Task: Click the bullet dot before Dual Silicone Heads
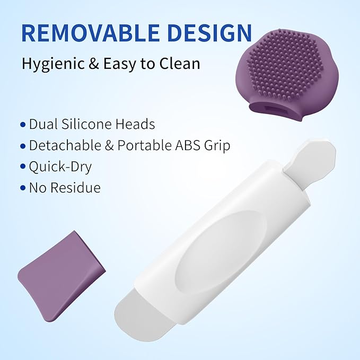(22, 125)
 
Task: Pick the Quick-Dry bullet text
(60, 166)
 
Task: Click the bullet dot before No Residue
(22, 188)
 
